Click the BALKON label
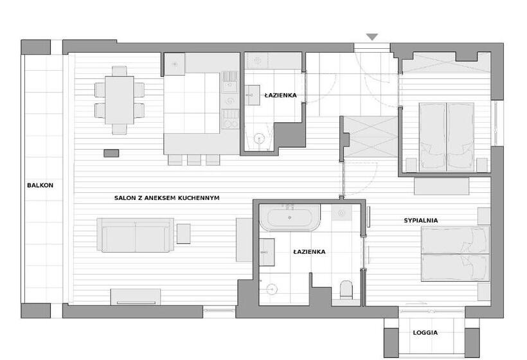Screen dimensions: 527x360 40,185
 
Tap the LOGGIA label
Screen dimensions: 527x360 425,332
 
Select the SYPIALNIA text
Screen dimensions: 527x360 421,221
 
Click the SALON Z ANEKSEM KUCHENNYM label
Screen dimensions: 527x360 166,198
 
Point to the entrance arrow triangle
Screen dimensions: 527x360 372,37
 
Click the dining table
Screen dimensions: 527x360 120,100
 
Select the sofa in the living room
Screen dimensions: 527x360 136,235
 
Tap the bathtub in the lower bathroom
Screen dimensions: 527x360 290,217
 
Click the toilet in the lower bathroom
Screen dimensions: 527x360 346,289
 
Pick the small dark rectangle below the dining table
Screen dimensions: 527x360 111,153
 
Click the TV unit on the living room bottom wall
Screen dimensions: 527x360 136,297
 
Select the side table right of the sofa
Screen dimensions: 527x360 184,233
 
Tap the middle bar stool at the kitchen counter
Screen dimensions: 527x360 194,159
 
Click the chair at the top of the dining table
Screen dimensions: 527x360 120,71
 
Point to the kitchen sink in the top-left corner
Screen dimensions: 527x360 174,64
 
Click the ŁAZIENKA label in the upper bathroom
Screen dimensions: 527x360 281,95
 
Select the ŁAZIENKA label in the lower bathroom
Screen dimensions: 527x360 309,252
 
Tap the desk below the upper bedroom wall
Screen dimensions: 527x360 442,186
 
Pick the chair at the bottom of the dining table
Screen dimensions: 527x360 120,129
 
